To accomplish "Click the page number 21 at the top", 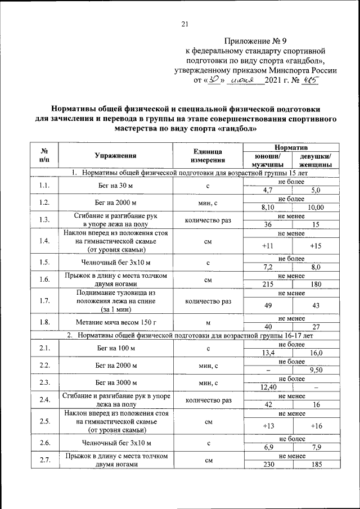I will [184, 23].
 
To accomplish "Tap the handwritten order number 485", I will [310, 80].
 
